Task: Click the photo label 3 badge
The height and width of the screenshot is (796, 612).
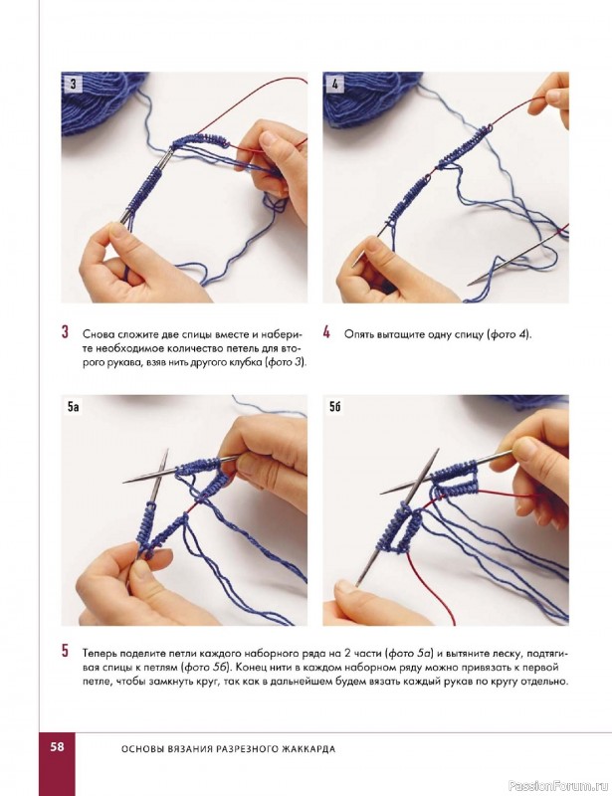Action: click(x=73, y=84)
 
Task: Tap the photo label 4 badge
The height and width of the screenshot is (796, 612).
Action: click(x=334, y=84)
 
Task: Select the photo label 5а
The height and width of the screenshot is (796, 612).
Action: click(x=73, y=406)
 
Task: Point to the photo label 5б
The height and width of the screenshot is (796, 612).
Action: click(x=334, y=406)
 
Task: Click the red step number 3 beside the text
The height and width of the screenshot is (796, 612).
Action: click(x=65, y=332)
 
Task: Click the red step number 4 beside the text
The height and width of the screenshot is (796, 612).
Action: click(x=326, y=332)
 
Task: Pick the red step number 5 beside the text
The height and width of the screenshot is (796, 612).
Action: click(x=65, y=651)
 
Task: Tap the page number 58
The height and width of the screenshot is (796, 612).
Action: click(x=57, y=746)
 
